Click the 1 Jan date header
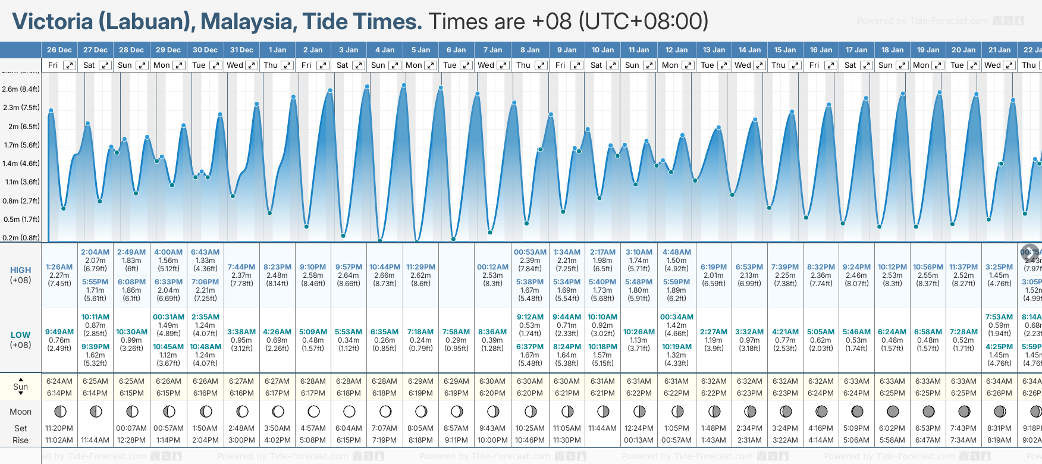click(x=277, y=50)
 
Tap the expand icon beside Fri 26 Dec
click(x=70, y=65)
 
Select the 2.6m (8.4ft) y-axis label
click(x=21, y=89)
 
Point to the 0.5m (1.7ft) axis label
click(x=21, y=220)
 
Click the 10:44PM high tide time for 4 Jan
click(x=385, y=267)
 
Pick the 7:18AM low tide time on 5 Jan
click(x=420, y=332)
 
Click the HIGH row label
click(x=20, y=270)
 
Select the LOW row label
click(x=20, y=335)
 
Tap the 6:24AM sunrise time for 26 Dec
click(x=59, y=381)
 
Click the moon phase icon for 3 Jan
click(x=349, y=411)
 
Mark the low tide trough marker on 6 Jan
click(x=454, y=239)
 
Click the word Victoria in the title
click(x=53, y=21)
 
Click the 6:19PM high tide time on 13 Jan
click(x=714, y=267)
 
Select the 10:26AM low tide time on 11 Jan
click(x=639, y=332)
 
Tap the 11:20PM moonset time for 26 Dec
click(x=59, y=428)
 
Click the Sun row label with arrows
click(x=20, y=387)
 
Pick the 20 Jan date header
click(x=963, y=50)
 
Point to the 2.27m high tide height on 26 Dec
click(x=59, y=275)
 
